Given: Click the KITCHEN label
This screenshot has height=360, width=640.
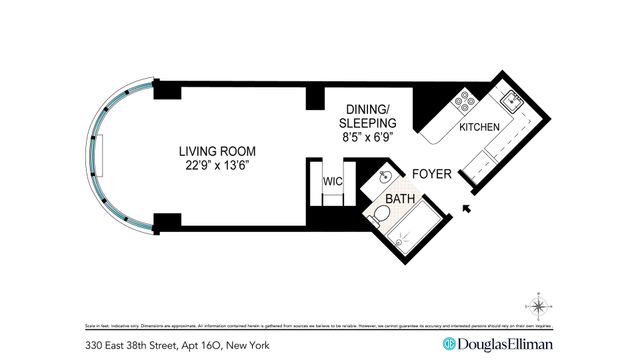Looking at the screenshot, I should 479,128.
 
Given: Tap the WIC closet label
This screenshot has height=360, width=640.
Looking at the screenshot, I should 332,182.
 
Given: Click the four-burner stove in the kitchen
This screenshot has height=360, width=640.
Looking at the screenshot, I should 464,101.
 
